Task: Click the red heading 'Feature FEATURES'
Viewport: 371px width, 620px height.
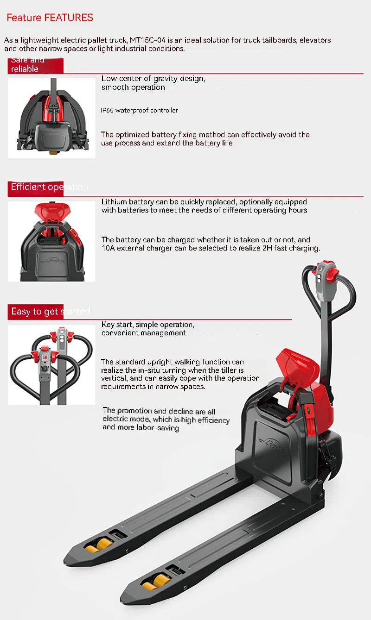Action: click(x=50, y=18)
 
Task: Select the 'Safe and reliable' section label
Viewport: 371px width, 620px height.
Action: click(x=28, y=64)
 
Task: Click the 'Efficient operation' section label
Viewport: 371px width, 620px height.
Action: click(x=49, y=187)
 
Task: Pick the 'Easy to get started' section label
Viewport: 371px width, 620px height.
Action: click(x=50, y=311)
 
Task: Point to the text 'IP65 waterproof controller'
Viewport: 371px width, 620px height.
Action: click(x=139, y=110)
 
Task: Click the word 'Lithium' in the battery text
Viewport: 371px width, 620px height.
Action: click(x=114, y=202)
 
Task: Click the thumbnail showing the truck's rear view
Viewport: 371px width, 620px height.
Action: click(x=51, y=118)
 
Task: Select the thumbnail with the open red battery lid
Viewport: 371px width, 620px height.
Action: click(x=51, y=241)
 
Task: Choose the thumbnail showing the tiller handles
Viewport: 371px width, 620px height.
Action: click(x=51, y=365)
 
